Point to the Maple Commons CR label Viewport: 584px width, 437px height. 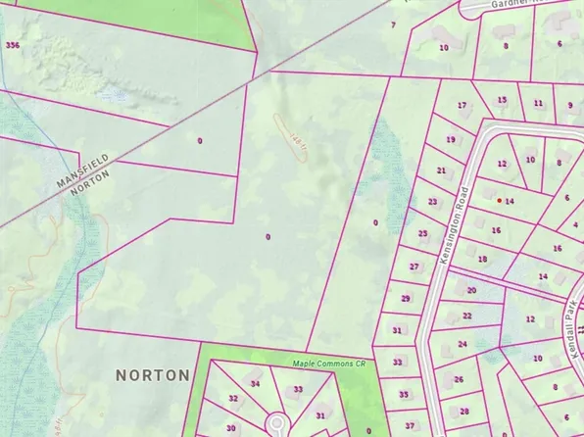pos(329,364)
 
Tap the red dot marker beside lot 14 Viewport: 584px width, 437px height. pos(500,200)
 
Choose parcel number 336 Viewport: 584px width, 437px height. pos(12,45)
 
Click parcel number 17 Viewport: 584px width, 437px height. pos(462,106)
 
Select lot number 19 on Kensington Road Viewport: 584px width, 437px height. pos(450,139)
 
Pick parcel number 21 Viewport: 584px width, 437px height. pos(441,170)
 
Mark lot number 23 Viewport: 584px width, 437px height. pos(432,202)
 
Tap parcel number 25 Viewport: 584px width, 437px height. pos(422,234)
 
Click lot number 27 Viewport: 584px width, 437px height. pos(414,267)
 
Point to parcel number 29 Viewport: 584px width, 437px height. pos(406,298)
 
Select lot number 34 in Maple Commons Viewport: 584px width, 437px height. pos(256,384)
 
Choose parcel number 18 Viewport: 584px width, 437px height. pos(482,259)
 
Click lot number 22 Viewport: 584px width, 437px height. pos(466,316)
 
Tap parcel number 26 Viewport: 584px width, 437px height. pos(459,379)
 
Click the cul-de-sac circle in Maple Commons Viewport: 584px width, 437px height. pos(276,423)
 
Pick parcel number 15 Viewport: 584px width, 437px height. pos(502,100)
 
